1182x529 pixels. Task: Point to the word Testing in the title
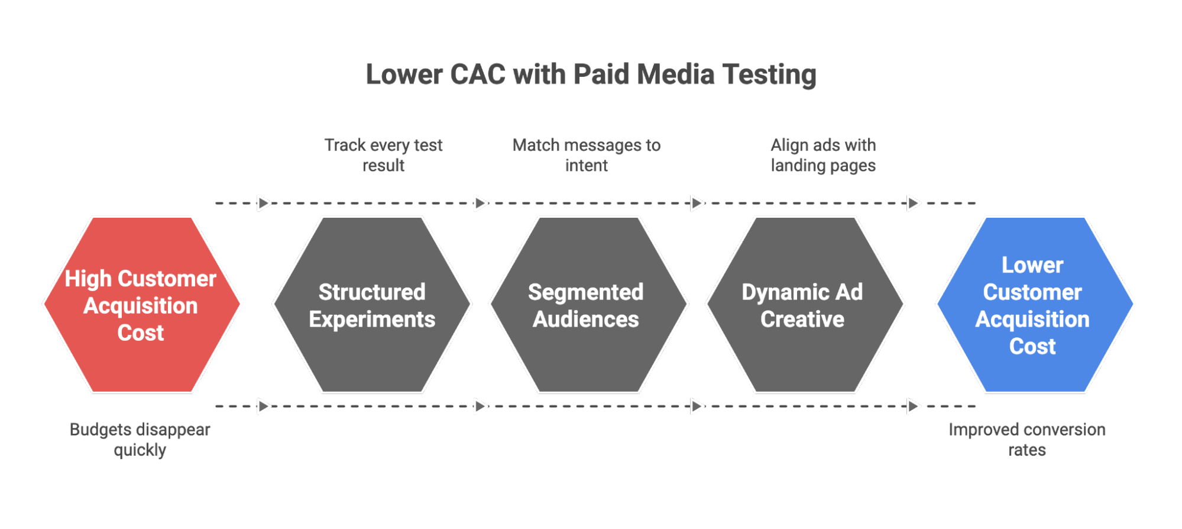point(769,75)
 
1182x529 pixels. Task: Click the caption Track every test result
point(383,155)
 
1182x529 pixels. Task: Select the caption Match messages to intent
point(586,155)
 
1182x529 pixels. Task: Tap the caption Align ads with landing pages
point(822,155)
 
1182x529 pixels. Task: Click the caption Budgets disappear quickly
point(140,440)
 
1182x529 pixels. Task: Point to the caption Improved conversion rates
point(1027,440)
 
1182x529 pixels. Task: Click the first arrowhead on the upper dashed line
point(264,203)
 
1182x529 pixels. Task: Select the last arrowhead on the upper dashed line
point(914,203)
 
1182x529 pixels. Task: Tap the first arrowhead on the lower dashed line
point(264,407)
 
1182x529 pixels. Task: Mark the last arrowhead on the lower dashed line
point(914,407)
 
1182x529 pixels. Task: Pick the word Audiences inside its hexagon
point(585,320)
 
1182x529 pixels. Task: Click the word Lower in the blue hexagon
point(1032,265)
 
